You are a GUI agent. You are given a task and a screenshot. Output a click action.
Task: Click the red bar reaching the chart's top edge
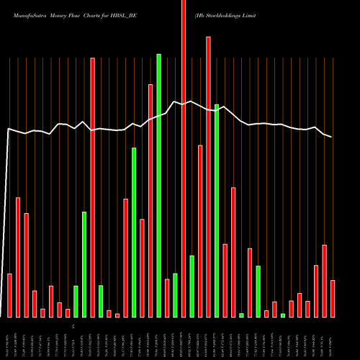pyautogui.click(x=184, y=158)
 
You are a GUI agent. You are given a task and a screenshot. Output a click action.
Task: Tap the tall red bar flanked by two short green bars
pyautogui.click(x=92, y=187)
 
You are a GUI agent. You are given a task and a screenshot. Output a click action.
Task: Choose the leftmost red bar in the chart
pyautogui.click(x=9, y=295)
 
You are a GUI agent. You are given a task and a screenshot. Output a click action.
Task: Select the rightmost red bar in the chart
pyautogui.click(x=333, y=299)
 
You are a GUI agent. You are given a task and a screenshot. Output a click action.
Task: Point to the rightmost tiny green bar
pyautogui.click(x=283, y=315)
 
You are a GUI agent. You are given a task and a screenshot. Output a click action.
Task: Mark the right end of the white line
pyautogui.click(x=332, y=137)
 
